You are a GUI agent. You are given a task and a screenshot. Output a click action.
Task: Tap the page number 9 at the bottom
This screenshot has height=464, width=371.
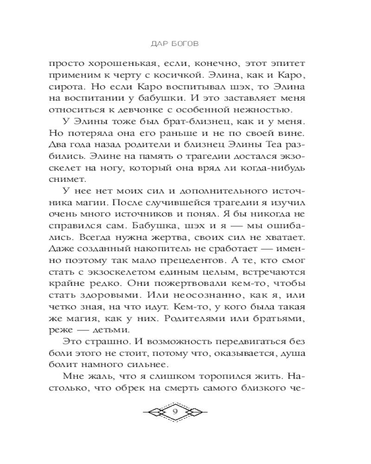pyautogui.click(x=175, y=412)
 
